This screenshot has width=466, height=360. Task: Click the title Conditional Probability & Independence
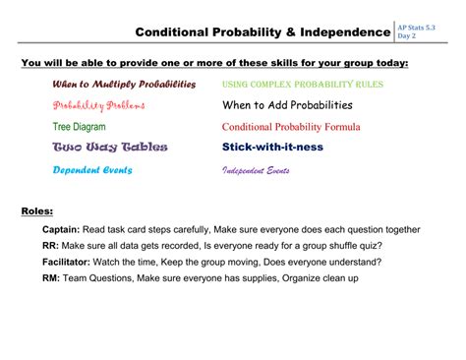pos(262,32)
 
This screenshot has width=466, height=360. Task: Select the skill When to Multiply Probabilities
pos(124,85)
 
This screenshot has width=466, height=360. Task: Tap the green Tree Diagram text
pos(85,127)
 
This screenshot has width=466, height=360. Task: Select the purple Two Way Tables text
pos(109,148)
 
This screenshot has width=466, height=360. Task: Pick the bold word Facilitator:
pos(68,263)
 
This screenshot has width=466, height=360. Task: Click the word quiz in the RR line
pos(381,246)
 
